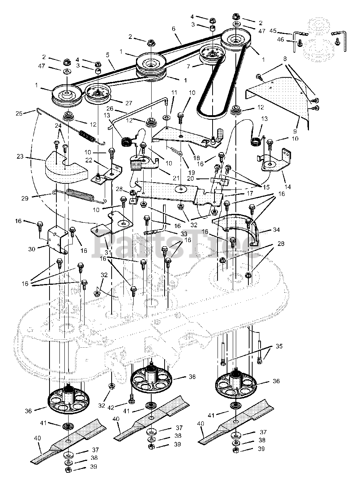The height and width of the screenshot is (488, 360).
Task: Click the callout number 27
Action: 129,103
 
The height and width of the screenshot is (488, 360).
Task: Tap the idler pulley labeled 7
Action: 212,54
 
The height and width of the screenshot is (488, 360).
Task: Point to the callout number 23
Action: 20,156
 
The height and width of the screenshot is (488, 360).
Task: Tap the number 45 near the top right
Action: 273,30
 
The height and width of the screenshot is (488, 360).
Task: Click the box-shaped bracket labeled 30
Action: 57,240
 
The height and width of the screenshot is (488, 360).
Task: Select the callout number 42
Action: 111,408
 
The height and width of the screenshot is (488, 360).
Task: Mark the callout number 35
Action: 279,346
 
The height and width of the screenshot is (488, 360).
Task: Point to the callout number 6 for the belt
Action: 174,29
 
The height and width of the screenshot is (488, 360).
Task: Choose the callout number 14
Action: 288,187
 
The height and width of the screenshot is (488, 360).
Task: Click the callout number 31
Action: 108,252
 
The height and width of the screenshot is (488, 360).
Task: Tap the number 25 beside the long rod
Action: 19,114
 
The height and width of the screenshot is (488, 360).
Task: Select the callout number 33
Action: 184,233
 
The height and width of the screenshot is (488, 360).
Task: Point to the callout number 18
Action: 197,158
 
